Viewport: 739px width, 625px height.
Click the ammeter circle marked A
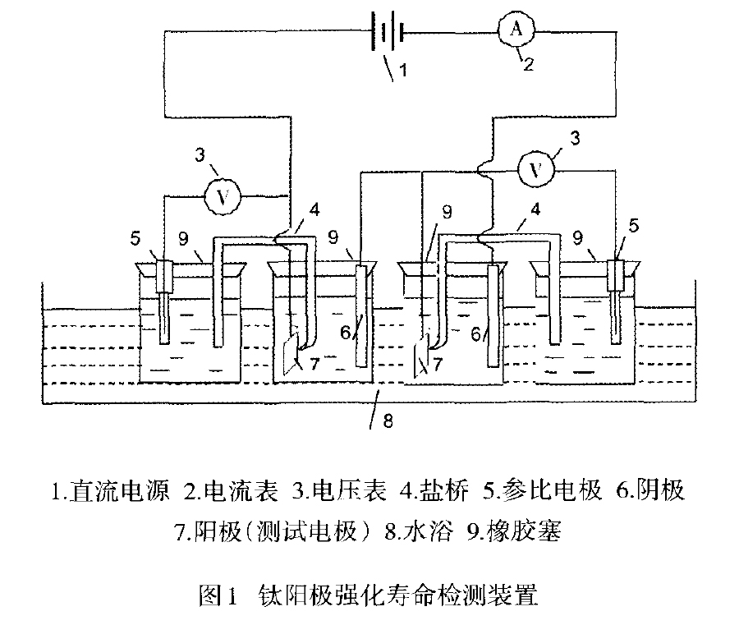click(516, 30)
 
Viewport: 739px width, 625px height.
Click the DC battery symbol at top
click(388, 35)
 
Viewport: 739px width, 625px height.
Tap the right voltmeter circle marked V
click(537, 171)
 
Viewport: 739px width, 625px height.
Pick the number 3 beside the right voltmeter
click(580, 142)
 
